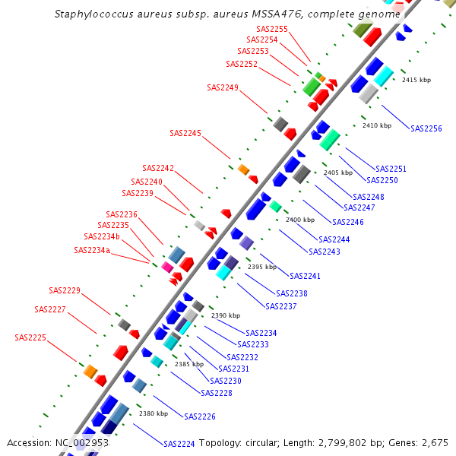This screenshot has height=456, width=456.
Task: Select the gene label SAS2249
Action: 223,87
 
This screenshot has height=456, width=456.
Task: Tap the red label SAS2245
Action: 185,133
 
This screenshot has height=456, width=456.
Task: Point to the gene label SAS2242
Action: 158,168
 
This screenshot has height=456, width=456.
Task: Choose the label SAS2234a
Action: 92,250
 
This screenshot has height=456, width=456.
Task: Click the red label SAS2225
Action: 30,337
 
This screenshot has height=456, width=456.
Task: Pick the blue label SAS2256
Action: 426,128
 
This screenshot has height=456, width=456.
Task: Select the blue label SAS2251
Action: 391,169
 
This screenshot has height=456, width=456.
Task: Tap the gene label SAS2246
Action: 348,222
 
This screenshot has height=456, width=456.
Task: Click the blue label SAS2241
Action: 306,276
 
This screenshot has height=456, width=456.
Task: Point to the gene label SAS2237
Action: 280,306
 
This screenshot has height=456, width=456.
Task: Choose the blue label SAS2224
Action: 179,443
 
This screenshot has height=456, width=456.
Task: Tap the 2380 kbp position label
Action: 154,414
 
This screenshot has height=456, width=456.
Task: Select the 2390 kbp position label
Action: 226,315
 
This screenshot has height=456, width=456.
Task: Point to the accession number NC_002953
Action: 82,442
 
